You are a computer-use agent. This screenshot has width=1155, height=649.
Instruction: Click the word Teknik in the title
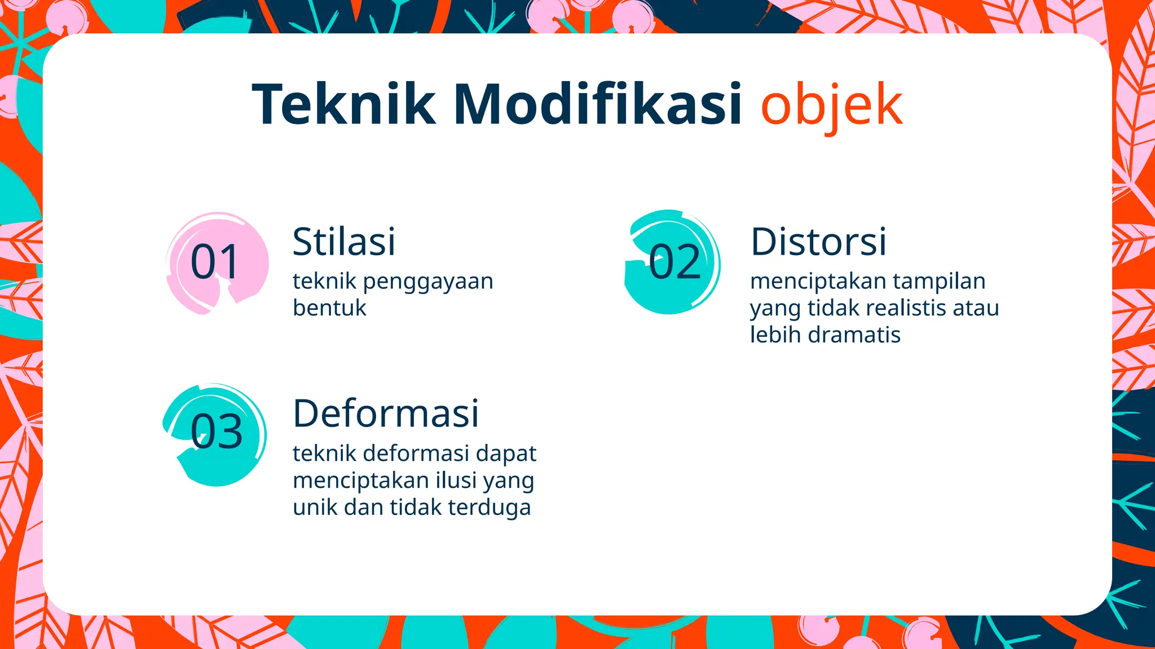pyautogui.click(x=343, y=104)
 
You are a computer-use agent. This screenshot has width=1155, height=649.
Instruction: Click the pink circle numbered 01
pyautogui.click(x=217, y=263)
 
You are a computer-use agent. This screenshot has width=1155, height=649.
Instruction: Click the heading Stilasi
pyautogui.click(x=344, y=242)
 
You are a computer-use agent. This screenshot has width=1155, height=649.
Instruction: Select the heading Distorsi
pyautogui.click(x=818, y=242)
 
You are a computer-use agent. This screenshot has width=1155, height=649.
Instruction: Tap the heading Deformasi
pyautogui.click(x=386, y=414)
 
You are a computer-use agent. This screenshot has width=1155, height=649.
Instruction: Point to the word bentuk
pyautogui.click(x=329, y=308)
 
